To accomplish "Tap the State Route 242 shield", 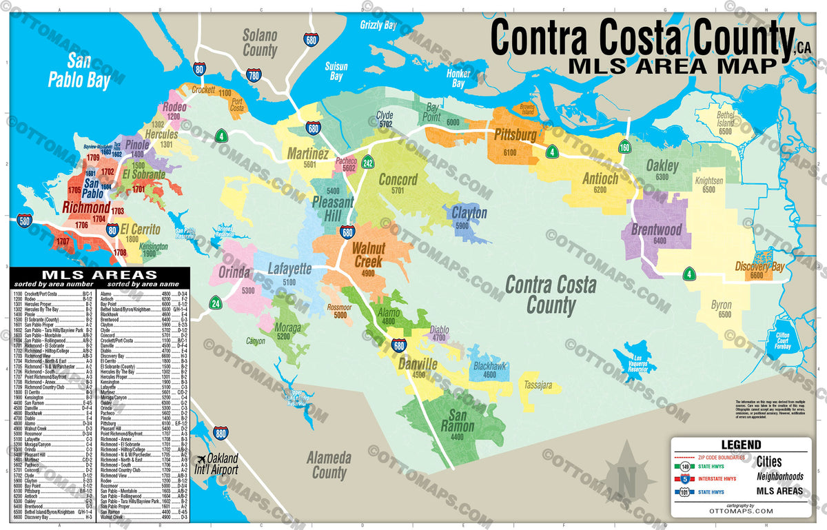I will coord(368,163).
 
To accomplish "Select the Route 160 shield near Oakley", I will coord(624,147).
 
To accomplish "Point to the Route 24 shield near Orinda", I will coord(216,302).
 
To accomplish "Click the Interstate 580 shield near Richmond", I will coord(25,221).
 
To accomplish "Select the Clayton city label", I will coord(469,213).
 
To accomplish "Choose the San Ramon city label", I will coord(462,421).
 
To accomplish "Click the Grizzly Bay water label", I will coord(378,26).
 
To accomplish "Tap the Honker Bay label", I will coord(458,78).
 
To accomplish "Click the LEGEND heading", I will coord(741,445).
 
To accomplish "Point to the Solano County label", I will coord(260,43).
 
